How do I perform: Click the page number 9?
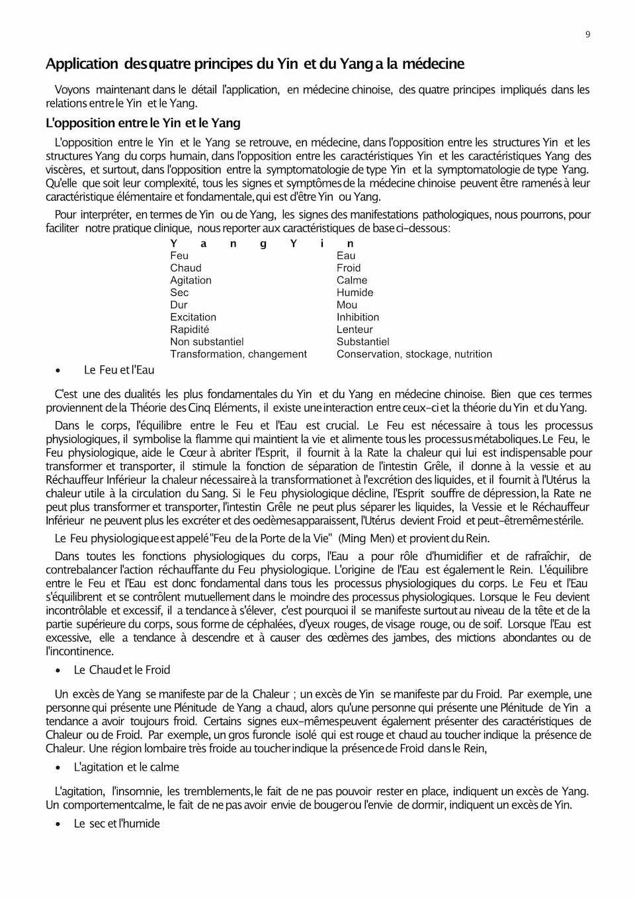coord(587,35)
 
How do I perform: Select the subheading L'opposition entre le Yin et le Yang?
coord(143,123)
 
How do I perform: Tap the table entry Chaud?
coord(186,268)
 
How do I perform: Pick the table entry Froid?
coord(349,268)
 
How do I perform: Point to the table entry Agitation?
coord(190,280)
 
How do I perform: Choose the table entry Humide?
coord(355,293)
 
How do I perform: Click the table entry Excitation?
coord(193,317)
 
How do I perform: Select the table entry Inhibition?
coord(358,317)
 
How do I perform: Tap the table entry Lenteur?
coord(355,330)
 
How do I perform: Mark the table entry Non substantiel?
coord(207,342)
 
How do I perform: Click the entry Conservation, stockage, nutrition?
coord(414,354)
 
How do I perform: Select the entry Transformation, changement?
coord(238,354)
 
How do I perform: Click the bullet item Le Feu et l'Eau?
coord(119,370)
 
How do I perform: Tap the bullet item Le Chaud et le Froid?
coord(122,670)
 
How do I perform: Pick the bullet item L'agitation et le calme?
coord(126,767)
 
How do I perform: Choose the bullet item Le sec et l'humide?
coord(116,824)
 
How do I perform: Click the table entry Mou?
coord(347,305)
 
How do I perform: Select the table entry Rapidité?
coord(189,330)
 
